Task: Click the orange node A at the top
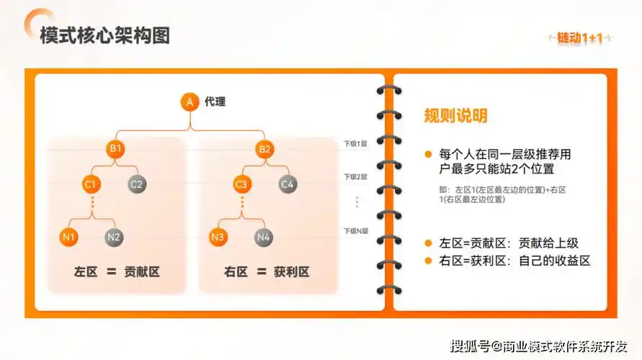click(190, 102)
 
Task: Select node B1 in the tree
click(115, 149)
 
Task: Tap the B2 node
click(264, 149)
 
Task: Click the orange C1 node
click(91, 184)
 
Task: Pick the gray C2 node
click(137, 184)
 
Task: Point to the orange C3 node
click(241, 184)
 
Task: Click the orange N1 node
click(69, 236)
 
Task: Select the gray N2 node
click(114, 236)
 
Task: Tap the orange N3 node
click(219, 236)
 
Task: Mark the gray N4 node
click(264, 236)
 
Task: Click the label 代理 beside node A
click(215, 102)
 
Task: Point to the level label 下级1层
click(355, 144)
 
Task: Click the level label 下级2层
click(355, 176)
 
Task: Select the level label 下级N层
click(355, 231)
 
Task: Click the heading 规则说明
click(455, 116)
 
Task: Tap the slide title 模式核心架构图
click(105, 36)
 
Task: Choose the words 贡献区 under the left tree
click(141, 272)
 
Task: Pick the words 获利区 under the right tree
click(291, 272)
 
